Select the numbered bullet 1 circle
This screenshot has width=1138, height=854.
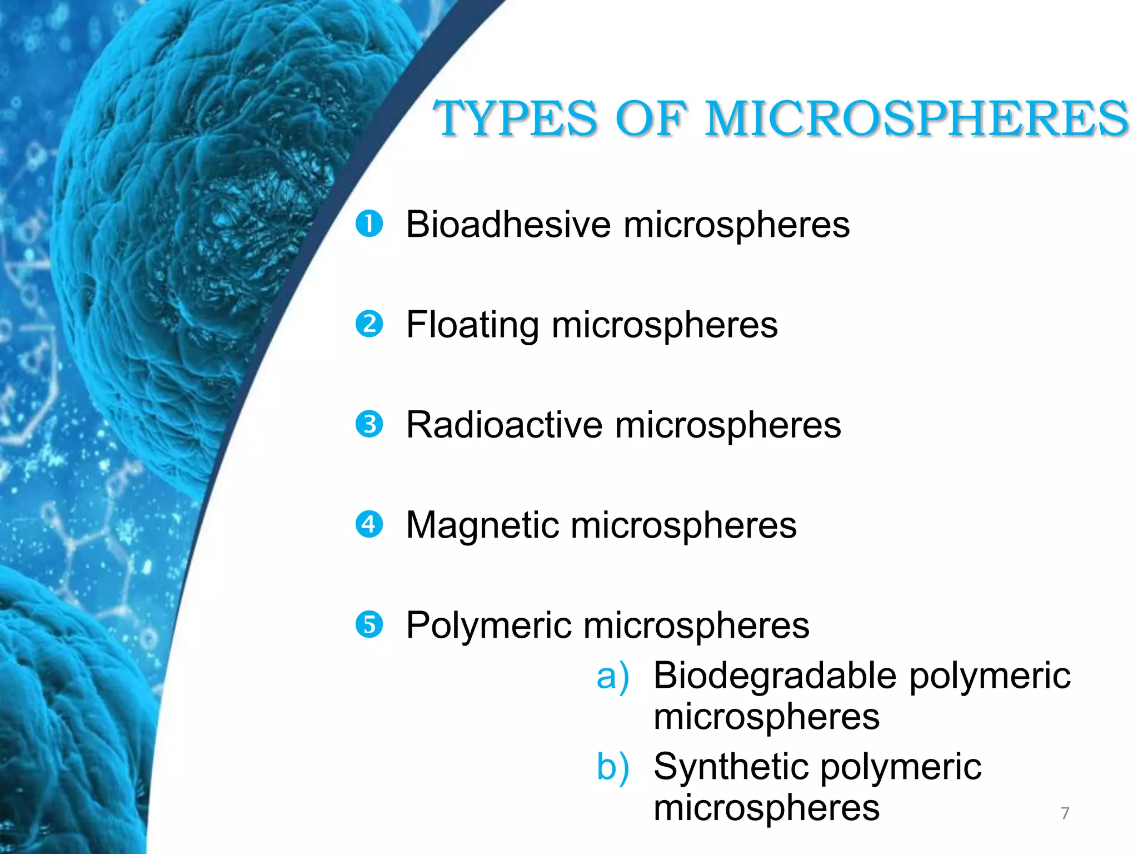(369, 224)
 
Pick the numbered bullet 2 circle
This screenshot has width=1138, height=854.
(369, 324)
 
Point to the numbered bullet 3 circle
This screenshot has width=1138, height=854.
(369, 425)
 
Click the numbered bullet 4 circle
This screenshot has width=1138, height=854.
(369, 525)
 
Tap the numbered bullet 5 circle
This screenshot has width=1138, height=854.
(369, 625)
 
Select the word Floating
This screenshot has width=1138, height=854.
(472, 325)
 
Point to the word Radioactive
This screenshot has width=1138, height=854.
(504, 425)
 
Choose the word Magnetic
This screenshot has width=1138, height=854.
(482, 526)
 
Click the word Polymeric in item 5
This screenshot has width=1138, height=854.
(488, 626)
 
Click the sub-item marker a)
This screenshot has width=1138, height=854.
(612, 677)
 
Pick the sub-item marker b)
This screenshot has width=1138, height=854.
(612, 767)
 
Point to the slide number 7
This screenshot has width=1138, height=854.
(1065, 813)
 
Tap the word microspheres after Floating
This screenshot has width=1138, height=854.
(665, 325)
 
